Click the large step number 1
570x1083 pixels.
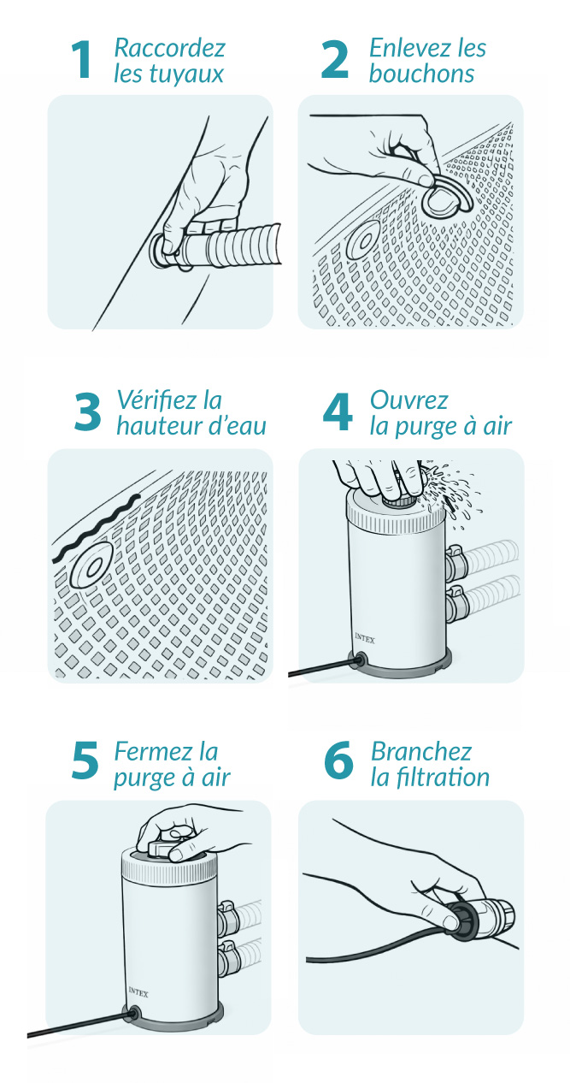click(x=80, y=59)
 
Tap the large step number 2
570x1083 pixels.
click(x=334, y=59)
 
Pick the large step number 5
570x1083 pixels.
click(x=85, y=760)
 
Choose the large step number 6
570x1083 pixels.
click(x=338, y=760)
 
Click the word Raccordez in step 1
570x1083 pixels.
click(x=169, y=48)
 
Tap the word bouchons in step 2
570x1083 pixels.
click(x=421, y=74)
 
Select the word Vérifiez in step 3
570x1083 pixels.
click(x=156, y=399)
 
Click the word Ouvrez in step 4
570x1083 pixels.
click(x=409, y=399)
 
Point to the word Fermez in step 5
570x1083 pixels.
click(x=153, y=751)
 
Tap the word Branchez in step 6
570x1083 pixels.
click(x=420, y=751)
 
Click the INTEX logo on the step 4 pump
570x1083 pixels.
click(x=365, y=638)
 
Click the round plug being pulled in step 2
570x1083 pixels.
click(x=444, y=198)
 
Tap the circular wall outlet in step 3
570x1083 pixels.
click(x=91, y=565)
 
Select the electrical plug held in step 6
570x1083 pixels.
click(x=479, y=914)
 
